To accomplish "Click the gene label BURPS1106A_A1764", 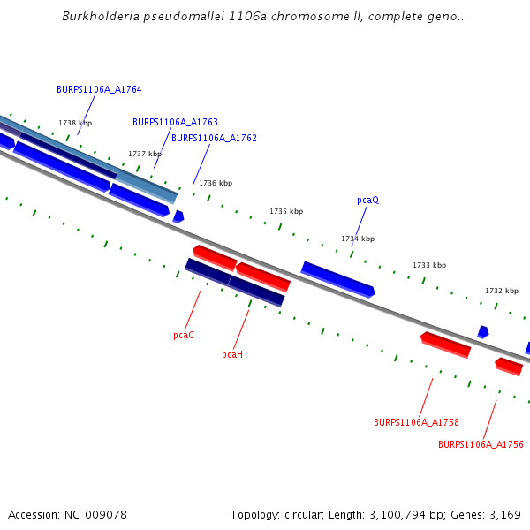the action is click(99, 89).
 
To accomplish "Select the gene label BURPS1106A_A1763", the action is click(175, 122).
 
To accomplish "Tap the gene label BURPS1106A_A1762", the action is click(214, 138).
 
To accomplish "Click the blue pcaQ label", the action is click(367, 200).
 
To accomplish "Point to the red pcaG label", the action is click(184, 335).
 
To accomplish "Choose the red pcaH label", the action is click(231, 354).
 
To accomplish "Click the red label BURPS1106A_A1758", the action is click(416, 422).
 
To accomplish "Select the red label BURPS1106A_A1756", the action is click(481, 444).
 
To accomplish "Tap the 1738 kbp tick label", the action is click(75, 123).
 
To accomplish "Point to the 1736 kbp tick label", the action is click(216, 183).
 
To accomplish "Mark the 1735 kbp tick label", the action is click(286, 211).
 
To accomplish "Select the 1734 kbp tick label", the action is click(358, 238).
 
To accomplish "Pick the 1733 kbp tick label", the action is click(429, 265).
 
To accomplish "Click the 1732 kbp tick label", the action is click(502, 291).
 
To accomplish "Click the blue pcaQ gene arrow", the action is click(338, 279).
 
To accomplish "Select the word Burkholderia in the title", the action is click(97, 17).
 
